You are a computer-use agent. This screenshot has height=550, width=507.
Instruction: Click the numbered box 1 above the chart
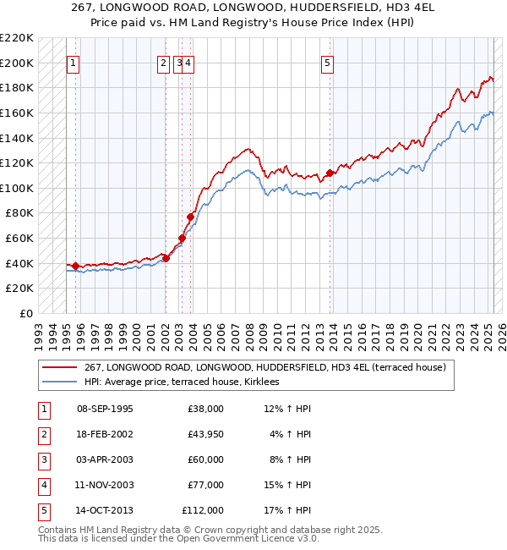(x=74, y=62)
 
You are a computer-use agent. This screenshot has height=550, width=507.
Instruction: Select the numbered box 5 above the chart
(x=327, y=62)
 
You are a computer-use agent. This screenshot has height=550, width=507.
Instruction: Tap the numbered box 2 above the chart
(x=163, y=62)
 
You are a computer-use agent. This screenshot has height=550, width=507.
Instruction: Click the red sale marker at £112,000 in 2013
(x=329, y=173)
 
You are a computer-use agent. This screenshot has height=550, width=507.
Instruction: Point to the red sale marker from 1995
(x=76, y=266)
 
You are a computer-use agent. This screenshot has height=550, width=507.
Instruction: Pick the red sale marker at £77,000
(x=190, y=217)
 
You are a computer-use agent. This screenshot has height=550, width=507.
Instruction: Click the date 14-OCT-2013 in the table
(x=105, y=510)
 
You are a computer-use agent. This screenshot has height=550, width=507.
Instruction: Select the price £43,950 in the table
(x=203, y=434)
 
